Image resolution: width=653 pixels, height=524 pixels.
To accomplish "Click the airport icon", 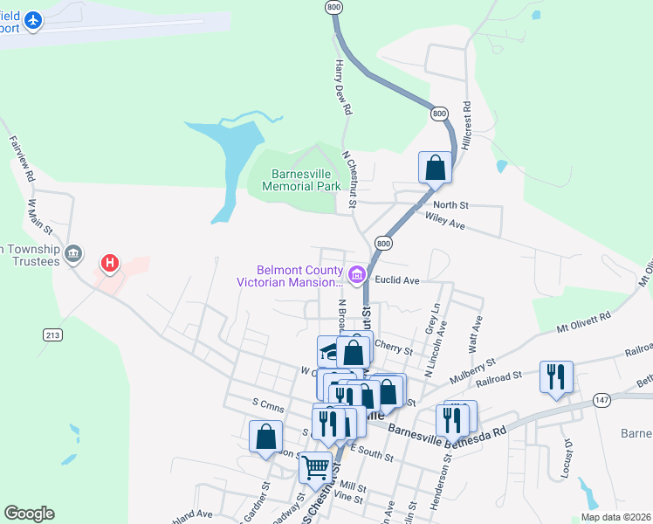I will click(33, 20).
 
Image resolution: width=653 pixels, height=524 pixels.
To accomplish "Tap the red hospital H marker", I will click(110, 262).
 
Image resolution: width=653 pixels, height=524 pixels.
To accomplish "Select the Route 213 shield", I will click(52, 334).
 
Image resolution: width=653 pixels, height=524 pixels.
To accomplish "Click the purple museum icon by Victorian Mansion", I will click(356, 276).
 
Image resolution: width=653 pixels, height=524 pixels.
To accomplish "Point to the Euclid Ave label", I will click(398, 280).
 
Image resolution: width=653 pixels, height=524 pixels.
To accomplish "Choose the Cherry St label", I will click(393, 348).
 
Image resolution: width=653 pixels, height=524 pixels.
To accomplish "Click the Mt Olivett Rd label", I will click(584, 323).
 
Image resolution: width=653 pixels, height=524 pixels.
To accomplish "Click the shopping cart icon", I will click(315, 467).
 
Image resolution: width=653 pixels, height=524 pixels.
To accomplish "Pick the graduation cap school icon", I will click(329, 350).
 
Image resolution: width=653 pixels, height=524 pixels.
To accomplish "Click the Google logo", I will click(29, 514).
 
